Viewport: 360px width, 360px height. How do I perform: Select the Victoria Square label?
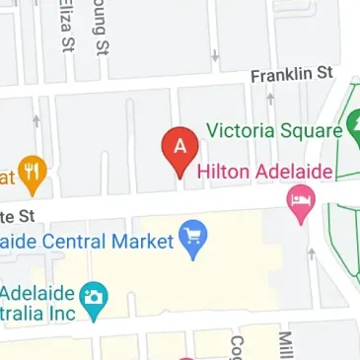pos(274,130)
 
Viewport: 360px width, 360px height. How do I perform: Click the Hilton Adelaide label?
pos(264,171)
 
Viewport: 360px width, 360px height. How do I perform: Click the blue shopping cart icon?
pos(191,240)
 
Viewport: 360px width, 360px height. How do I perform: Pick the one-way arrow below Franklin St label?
pos(270,99)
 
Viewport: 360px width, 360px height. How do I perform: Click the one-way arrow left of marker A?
pos(36,121)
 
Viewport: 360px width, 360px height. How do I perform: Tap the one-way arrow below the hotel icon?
pos(312,253)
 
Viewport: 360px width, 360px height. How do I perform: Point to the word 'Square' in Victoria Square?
pos(307,130)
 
